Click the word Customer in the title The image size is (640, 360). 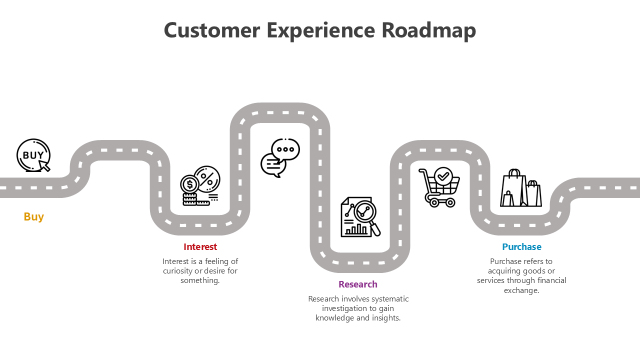(x=212, y=30)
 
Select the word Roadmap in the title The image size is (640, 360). (x=428, y=30)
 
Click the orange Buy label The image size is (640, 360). (x=34, y=216)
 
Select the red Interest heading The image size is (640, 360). (x=200, y=246)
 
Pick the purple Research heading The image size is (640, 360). (x=357, y=284)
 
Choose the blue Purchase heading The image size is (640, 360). (x=521, y=246)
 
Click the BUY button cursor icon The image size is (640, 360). (x=33, y=155)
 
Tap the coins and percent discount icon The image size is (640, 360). (x=200, y=185)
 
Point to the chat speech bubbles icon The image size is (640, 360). (x=280, y=157)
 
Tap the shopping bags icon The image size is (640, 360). (x=520, y=188)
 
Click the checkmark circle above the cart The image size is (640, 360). (x=443, y=176)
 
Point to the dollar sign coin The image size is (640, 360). (x=189, y=184)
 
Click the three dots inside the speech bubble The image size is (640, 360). (x=285, y=149)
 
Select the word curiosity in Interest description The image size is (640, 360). (x=178, y=271)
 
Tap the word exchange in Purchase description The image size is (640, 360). (x=520, y=290)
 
